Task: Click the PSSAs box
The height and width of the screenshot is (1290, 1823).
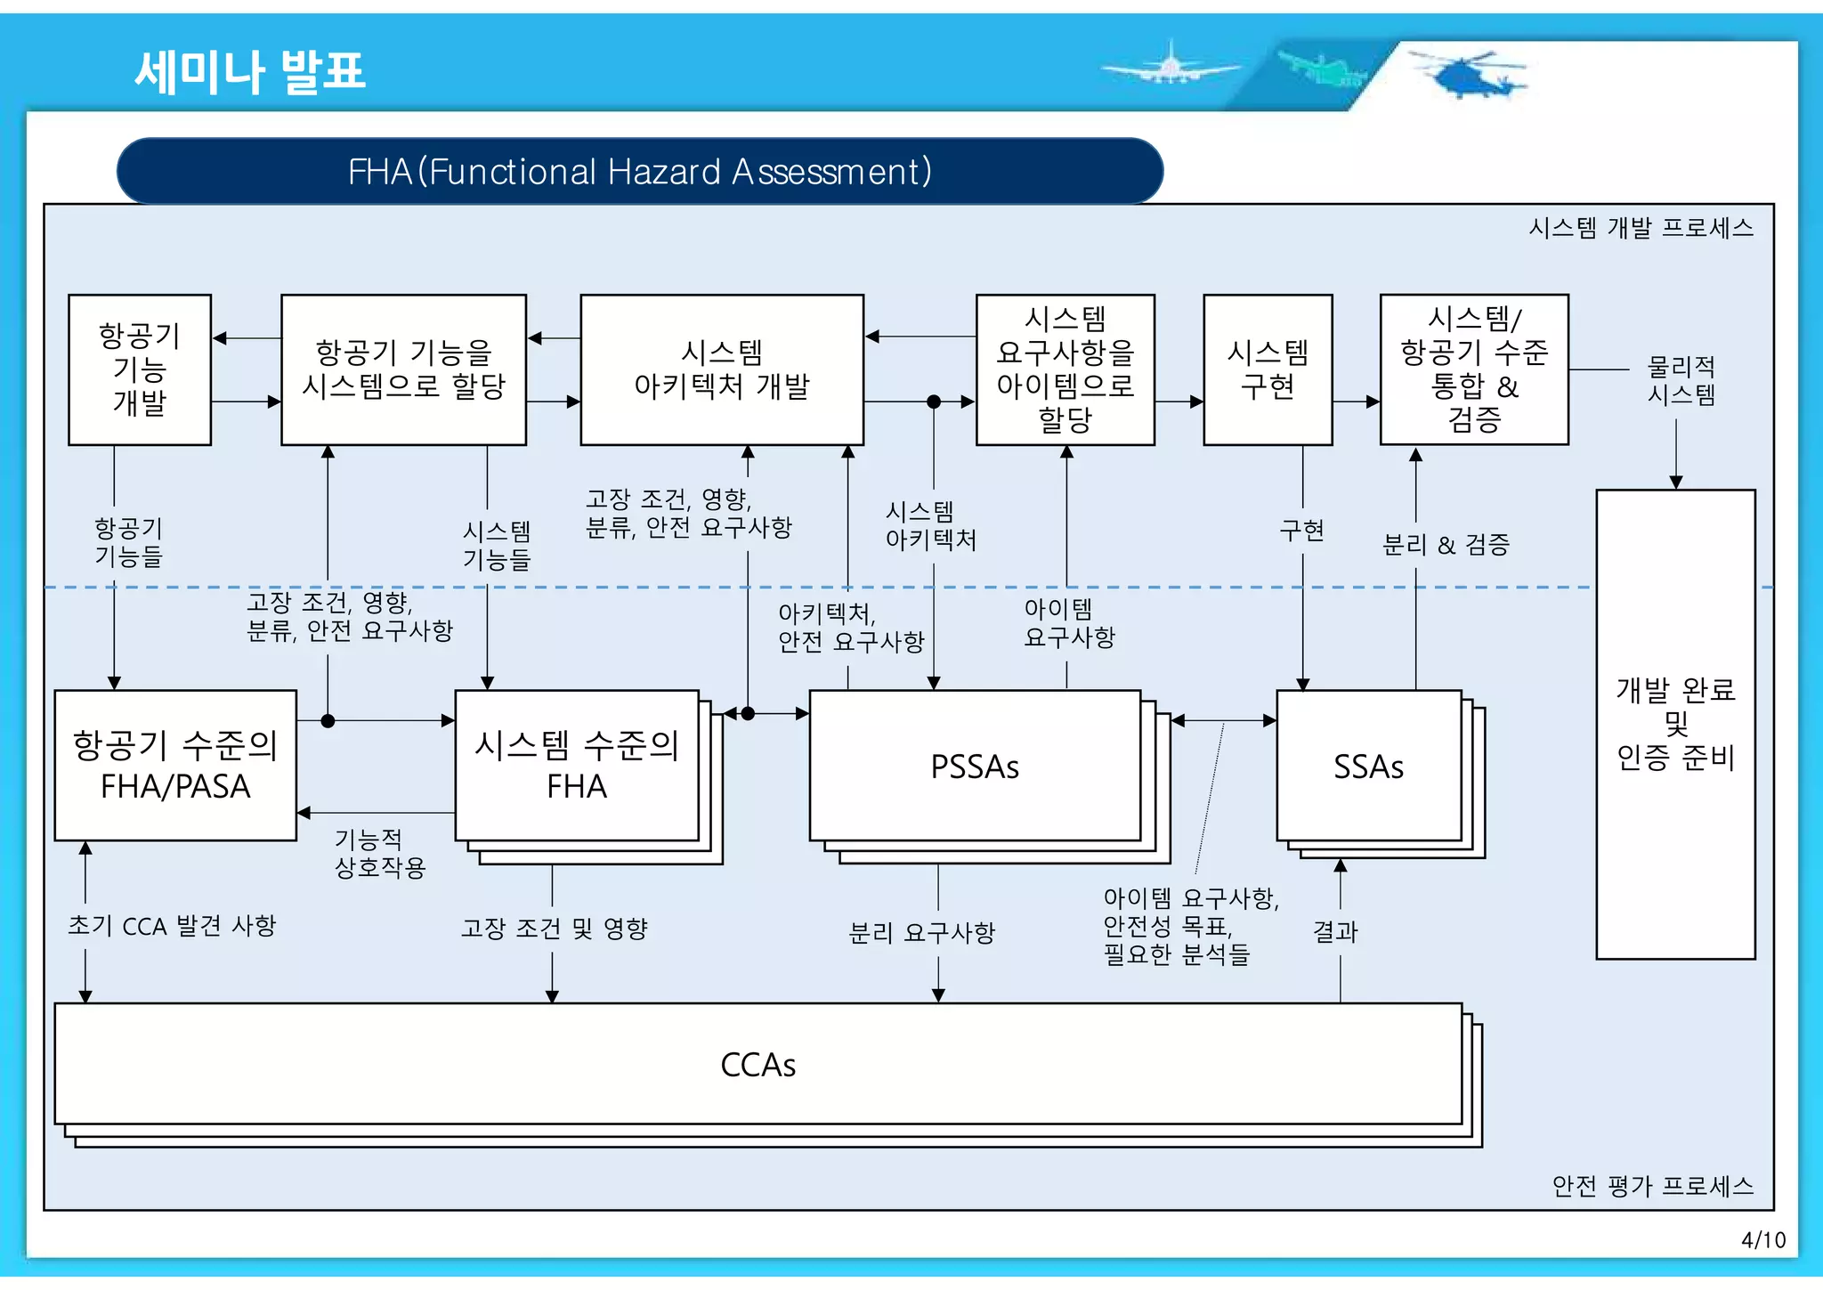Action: coord(975,766)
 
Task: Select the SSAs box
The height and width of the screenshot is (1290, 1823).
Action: coord(1368,766)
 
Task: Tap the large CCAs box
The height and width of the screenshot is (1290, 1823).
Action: coord(758,1064)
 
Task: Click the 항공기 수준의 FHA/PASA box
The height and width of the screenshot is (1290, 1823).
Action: coord(175,766)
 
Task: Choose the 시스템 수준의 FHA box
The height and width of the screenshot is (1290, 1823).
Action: coord(577,766)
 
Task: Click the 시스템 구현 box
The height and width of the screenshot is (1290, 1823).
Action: coord(1268,369)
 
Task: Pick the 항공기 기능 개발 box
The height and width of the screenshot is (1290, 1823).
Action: coord(140,369)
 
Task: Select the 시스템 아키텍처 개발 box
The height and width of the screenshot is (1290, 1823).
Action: coord(721,369)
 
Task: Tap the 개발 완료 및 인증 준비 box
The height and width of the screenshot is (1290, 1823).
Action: coord(1675,724)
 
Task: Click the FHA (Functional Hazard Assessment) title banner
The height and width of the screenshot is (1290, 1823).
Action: coord(639,171)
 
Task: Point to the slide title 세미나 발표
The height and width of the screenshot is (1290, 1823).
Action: coord(250,71)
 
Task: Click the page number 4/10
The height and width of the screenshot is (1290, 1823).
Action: coord(1762,1239)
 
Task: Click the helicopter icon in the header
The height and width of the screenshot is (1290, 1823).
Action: coord(1469,75)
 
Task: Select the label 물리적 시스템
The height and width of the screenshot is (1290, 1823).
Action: coord(1681,380)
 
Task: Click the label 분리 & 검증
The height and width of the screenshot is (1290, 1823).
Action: coord(1446,544)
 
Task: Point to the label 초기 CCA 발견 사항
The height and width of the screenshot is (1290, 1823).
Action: coord(173,926)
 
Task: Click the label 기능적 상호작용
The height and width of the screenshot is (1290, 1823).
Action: coord(380,853)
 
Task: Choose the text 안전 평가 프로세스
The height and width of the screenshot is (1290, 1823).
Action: coord(1652,1186)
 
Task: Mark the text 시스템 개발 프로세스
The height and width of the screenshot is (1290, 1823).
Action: coord(1641,228)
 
